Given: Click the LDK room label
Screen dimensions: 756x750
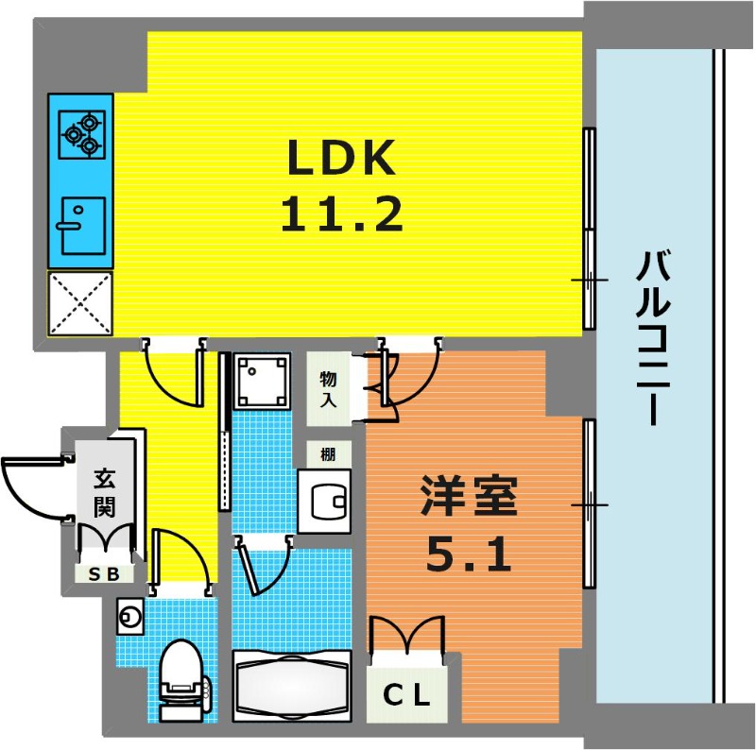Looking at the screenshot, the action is click(341, 157).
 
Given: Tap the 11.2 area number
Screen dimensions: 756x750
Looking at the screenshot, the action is click(341, 215).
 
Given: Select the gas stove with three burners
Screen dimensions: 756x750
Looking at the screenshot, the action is click(82, 134).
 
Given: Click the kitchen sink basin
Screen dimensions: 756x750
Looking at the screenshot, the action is click(83, 226).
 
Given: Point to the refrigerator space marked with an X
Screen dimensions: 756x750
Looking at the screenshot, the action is click(80, 303).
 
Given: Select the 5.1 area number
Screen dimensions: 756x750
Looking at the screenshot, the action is click(469, 554).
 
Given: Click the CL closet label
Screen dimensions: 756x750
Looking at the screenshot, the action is click(406, 695).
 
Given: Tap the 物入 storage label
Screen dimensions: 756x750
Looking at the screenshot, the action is click(328, 389).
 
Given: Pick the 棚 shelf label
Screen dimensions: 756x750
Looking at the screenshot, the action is click(328, 454).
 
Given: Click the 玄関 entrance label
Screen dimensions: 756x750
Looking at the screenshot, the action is click(104, 492).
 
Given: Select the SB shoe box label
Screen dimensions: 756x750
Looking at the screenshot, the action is click(104, 573).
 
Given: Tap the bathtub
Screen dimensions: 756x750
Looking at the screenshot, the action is click(292, 687).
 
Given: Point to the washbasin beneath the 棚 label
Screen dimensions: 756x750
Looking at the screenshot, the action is click(324, 502).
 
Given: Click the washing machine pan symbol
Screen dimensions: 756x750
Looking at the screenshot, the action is click(262, 382).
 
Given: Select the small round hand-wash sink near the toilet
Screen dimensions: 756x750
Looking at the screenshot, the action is click(129, 616).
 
